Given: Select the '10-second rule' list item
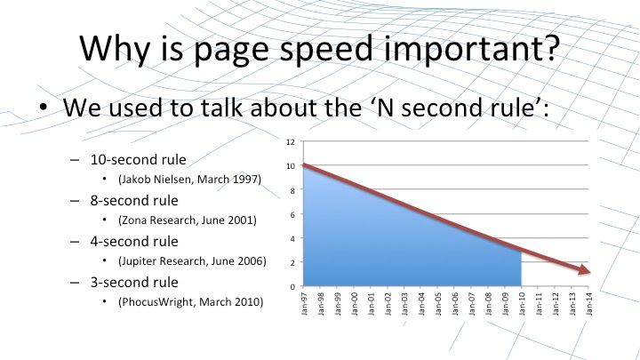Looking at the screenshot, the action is (138, 160).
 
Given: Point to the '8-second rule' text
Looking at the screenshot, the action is (134, 200).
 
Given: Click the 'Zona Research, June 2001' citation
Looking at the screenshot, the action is (188, 220).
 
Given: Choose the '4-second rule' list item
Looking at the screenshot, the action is (134, 241).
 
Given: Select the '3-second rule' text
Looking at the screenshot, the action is (134, 282).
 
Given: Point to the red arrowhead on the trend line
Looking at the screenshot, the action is (584, 269).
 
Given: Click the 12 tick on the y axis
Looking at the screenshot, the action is (290, 142).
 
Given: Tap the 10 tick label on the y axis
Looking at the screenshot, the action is (290, 166).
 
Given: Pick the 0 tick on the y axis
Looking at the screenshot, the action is (292, 286).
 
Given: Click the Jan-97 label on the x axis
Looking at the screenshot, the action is (304, 304).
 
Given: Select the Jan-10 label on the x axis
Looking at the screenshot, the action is (522, 304).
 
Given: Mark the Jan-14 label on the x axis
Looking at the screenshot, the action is (589, 304).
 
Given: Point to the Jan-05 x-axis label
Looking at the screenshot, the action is (438, 304).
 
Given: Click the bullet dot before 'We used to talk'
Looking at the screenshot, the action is (44, 108).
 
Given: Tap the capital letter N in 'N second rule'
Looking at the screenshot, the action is (385, 108).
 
